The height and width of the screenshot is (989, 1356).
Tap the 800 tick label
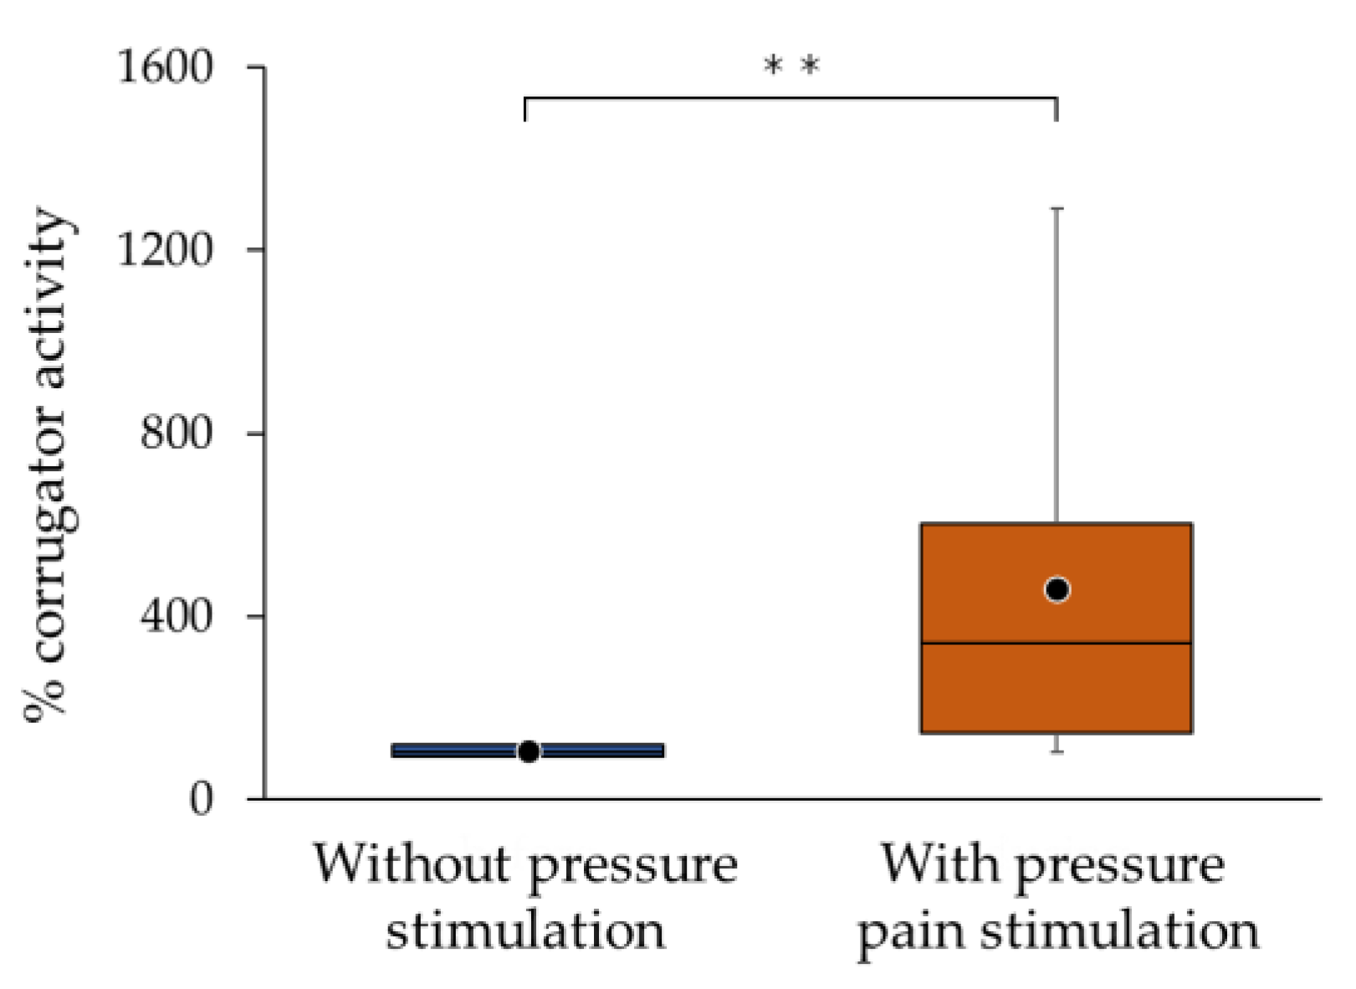click(x=177, y=433)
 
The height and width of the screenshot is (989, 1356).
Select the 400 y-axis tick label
click(x=177, y=617)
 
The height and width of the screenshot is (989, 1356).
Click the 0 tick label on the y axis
click(x=201, y=800)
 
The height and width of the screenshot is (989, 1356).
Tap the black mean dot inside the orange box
click(x=1057, y=590)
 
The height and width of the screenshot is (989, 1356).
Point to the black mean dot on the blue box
click(x=529, y=751)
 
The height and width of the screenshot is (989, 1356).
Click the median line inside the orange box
click(x=987, y=643)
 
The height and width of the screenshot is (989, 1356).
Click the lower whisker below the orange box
click(x=1057, y=743)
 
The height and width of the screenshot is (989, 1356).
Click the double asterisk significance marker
click(x=791, y=65)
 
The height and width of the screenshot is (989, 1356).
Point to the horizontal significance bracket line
click(x=791, y=98)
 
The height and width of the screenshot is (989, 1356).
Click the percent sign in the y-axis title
click(x=43, y=696)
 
